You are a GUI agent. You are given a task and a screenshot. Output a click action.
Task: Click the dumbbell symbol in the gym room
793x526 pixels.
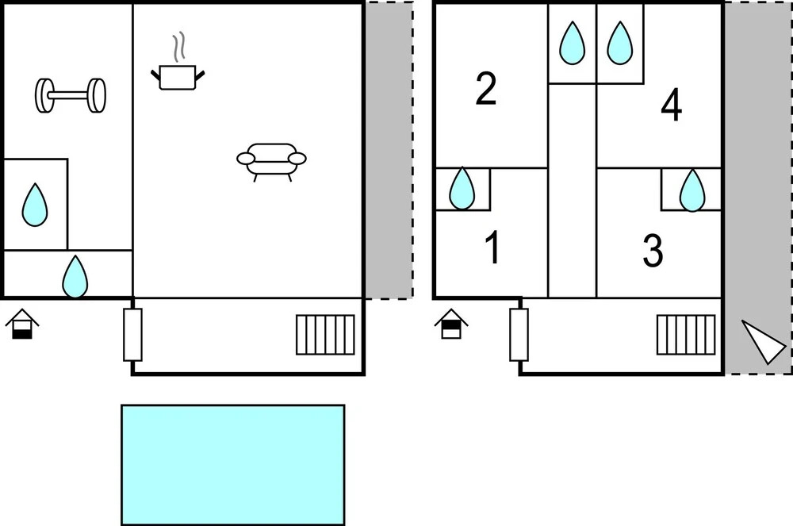click(71, 95)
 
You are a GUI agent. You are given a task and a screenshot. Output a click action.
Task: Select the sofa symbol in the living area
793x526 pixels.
click(271, 161)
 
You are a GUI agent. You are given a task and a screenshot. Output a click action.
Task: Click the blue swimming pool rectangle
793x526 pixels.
click(233, 465)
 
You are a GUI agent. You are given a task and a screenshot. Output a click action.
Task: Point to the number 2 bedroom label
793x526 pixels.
click(486, 89)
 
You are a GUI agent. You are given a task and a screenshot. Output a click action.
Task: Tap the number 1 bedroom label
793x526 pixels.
click(492, 247)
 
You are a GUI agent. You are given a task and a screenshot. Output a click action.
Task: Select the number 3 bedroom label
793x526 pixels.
click(653, 251)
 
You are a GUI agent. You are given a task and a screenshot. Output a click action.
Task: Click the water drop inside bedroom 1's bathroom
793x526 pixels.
click(462, 189)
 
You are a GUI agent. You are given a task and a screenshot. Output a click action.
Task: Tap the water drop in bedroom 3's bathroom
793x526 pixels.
click(692, 190)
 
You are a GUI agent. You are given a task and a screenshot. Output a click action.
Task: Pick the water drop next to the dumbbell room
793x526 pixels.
click(35, 205)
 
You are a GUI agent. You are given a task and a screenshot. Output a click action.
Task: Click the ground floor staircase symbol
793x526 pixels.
click(325, 335)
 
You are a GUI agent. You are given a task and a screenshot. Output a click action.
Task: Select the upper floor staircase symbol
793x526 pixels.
click(686, 335)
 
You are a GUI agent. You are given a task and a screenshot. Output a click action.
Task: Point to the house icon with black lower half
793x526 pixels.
click(22, 324)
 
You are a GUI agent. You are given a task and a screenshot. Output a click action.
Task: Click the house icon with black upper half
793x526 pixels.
click(451, 324)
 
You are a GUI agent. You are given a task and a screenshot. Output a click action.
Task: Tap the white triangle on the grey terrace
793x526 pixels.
click(763, 341)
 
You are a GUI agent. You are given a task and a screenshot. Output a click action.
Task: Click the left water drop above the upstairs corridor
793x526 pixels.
click(572, 43)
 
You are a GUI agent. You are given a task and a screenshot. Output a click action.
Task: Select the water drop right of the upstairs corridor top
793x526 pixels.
click(619, 43)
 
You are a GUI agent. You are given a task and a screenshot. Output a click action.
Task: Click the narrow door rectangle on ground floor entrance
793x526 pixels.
click(133, 335)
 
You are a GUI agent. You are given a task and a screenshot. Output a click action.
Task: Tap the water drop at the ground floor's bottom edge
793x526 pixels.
click(75, 277)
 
